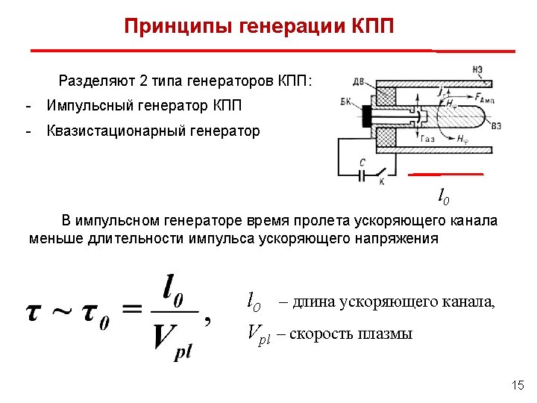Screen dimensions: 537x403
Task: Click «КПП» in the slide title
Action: [370, 27]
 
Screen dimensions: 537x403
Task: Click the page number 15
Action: [518, 385]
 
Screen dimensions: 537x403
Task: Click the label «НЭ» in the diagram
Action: [477, 70]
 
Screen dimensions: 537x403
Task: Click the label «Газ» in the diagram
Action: [428, 139]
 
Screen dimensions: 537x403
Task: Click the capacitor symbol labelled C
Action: [362, 174]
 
